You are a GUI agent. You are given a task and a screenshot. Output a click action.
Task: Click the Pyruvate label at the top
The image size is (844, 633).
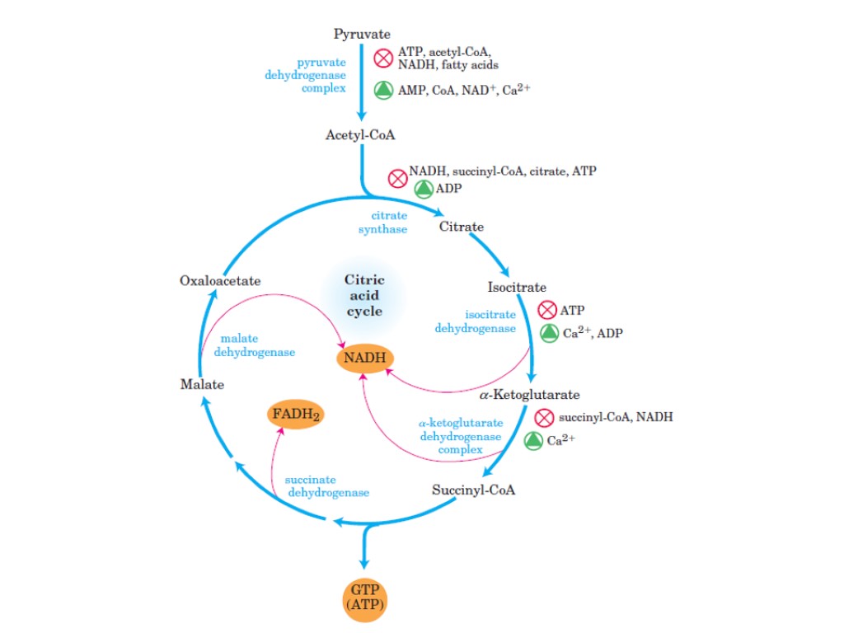(362, 34)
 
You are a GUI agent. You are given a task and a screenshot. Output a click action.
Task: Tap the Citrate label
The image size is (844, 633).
(461, 226)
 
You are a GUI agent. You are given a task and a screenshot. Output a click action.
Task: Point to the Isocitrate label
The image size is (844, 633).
(517, 287)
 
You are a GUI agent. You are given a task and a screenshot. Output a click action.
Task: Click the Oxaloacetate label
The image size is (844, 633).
(220, 281)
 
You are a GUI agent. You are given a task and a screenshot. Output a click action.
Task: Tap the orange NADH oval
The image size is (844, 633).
(363, 359)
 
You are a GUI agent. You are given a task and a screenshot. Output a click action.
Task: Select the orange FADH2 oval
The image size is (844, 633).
(294, 415)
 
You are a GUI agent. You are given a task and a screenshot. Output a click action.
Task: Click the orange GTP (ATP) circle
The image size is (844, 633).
(363, 599)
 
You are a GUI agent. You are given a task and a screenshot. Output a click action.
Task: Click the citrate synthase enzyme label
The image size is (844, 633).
(382, 223)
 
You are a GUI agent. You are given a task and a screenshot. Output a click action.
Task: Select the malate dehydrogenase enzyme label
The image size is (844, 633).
(255, 345)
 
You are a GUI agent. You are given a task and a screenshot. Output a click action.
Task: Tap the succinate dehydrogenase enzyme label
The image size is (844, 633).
(326, 486)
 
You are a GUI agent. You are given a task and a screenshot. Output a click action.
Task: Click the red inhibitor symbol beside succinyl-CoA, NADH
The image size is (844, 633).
(544, 418)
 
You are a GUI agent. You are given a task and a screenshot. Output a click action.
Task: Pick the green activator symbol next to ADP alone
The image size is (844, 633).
(423, 189)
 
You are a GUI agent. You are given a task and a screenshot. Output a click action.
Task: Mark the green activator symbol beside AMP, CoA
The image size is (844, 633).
(383, 90)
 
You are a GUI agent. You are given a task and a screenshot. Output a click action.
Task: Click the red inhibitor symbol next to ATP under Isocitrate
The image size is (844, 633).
(547, 311)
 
